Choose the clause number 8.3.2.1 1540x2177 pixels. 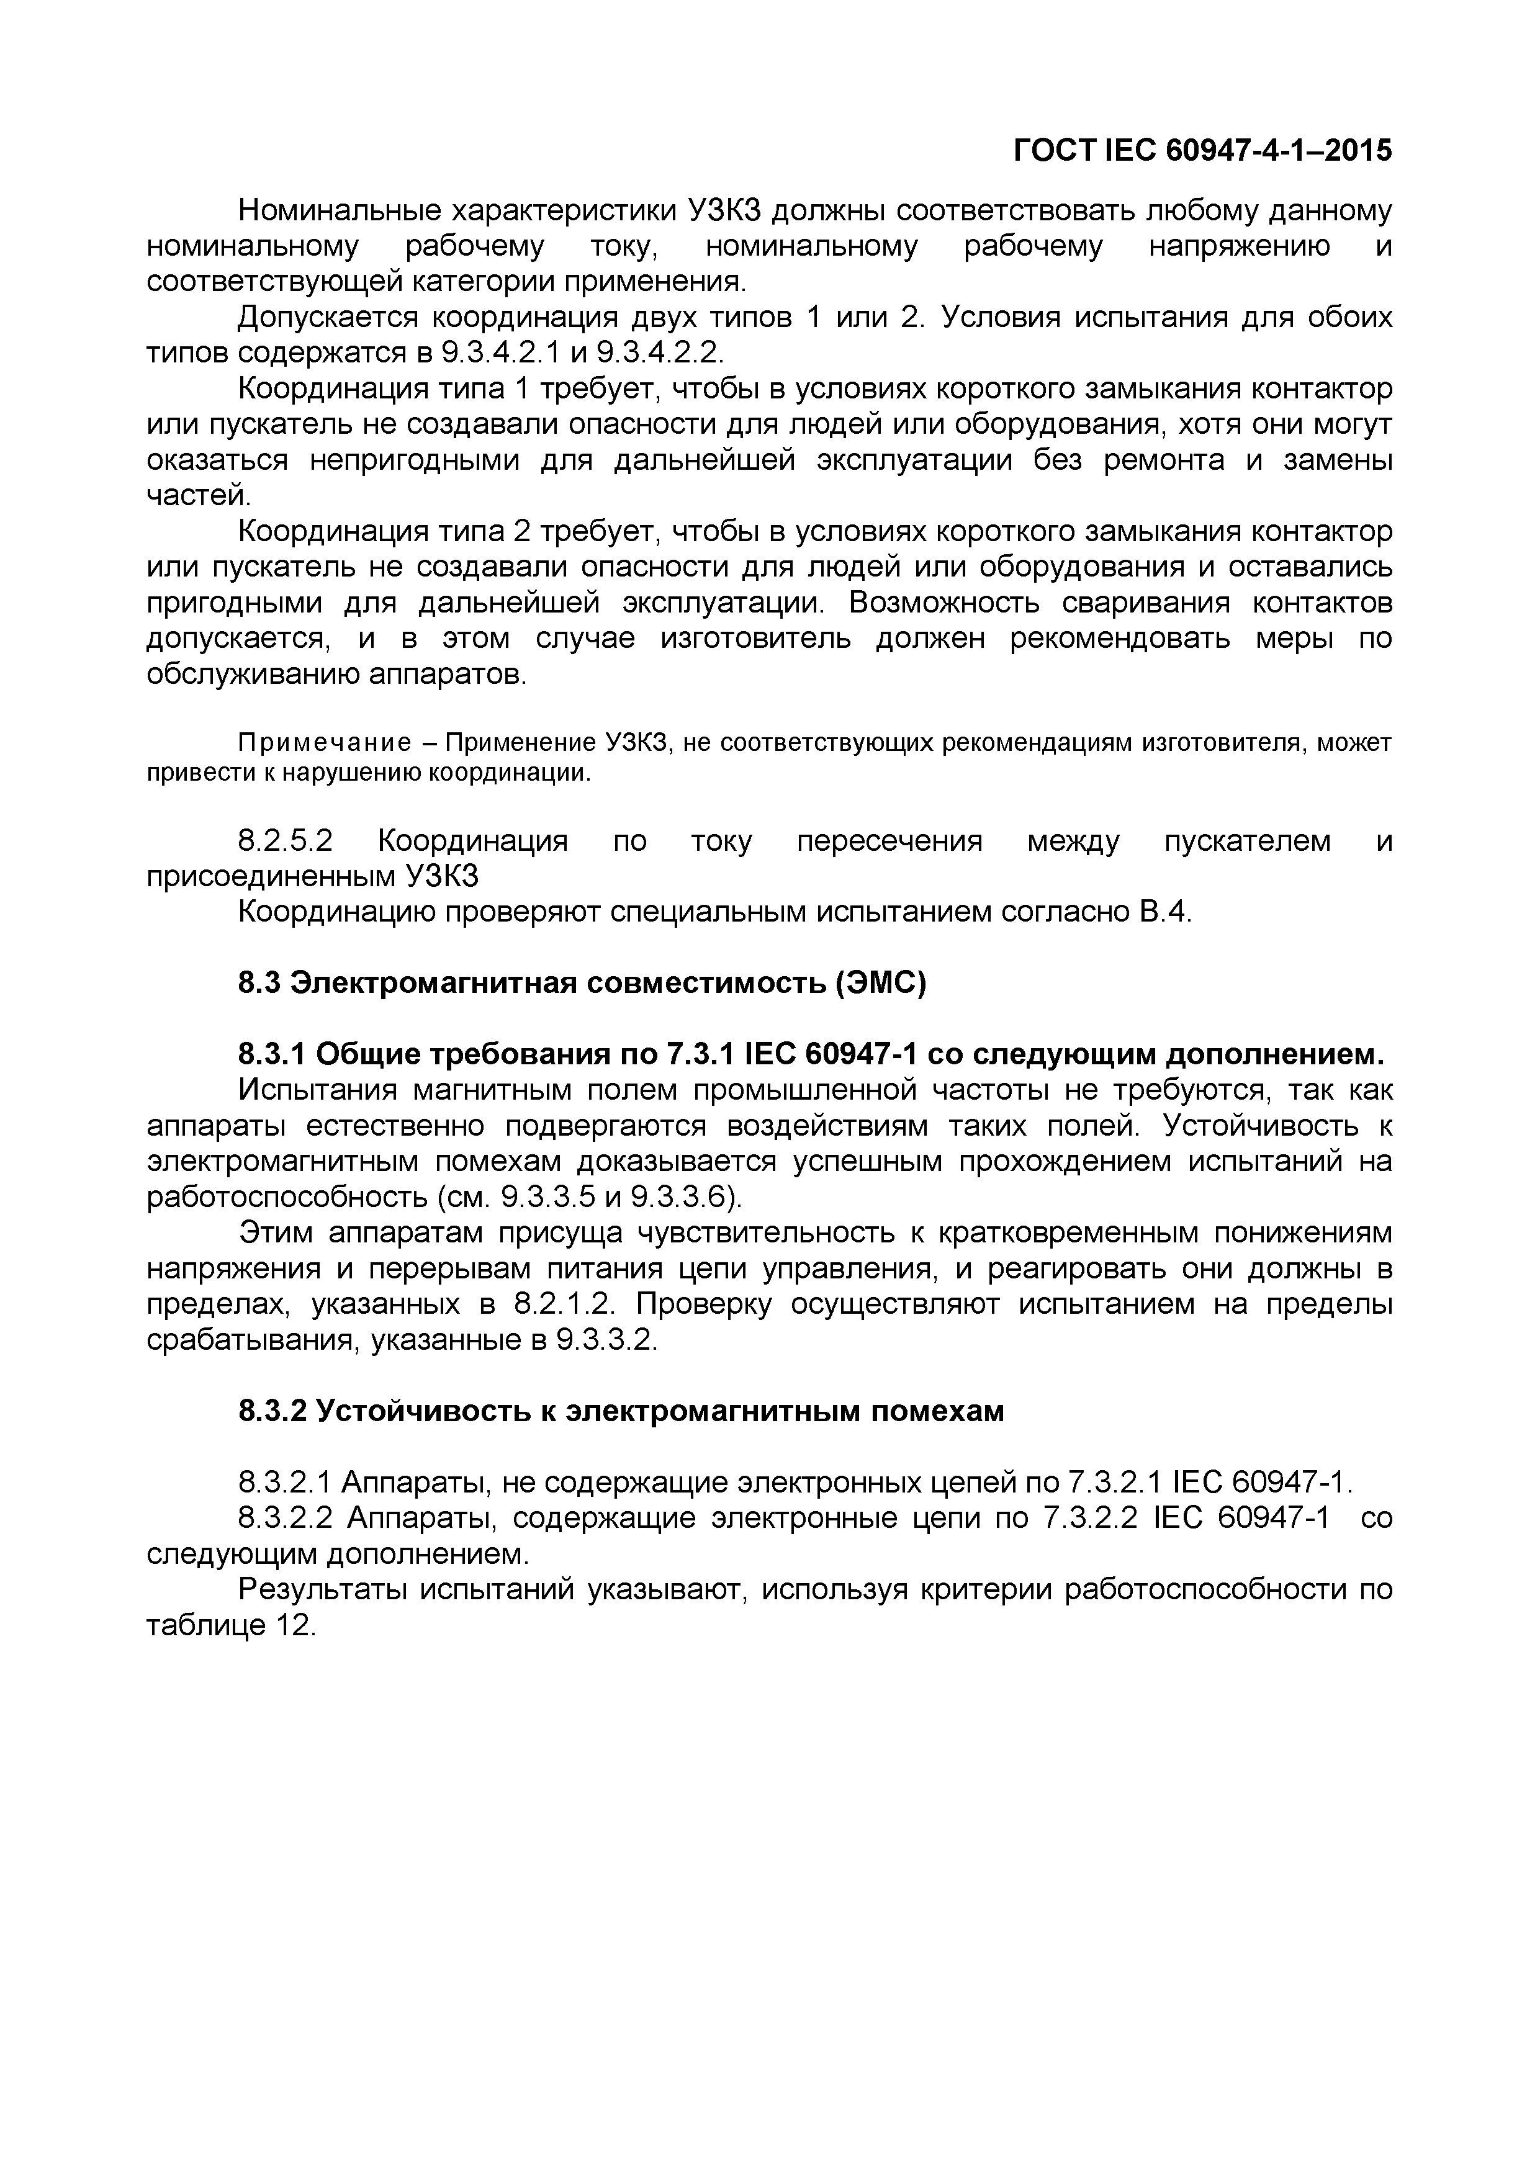(284, 1482)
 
